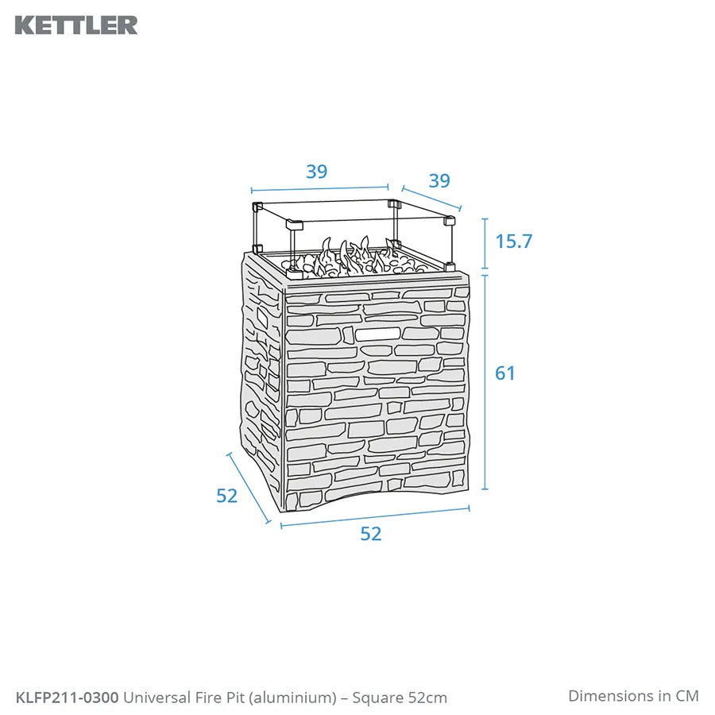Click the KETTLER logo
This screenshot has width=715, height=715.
tap(76, 25)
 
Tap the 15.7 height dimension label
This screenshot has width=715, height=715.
tap(514, 242)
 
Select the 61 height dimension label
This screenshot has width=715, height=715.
tap(505, 373)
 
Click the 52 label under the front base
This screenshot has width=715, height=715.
tap(371, 534)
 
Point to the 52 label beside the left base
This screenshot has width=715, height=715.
tap(227, 496)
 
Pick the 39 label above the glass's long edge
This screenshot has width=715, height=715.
tap(316, 172)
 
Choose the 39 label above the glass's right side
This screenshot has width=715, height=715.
tap(439, 180)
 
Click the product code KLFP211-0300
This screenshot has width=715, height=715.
tap(67, 698)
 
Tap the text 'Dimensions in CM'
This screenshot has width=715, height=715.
tap(633, 696)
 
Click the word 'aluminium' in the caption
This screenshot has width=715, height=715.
tap(292, 698)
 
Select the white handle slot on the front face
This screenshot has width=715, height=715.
tap(378, 334)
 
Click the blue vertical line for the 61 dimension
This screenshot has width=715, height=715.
tap(485, 382)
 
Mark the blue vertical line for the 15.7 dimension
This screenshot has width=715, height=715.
tap(485, 244)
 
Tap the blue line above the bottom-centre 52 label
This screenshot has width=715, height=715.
tap(375, 516)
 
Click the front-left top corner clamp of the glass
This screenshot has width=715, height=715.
tap(294, 225)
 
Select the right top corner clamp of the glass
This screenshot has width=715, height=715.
tap(450, 221)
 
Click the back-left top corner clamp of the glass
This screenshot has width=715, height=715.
tap(257, 207)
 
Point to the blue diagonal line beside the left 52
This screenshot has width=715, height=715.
tap(249, 488)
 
